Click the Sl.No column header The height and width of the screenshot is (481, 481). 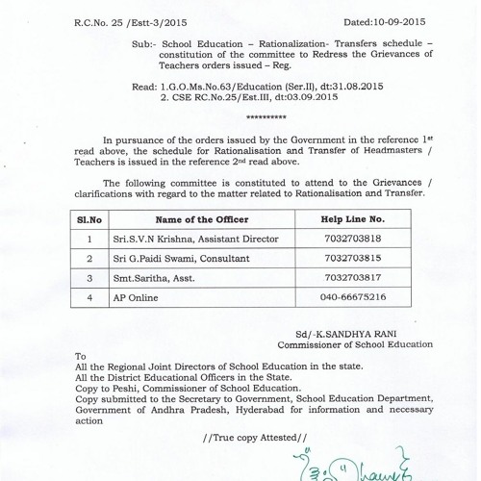click(x=89, y=220)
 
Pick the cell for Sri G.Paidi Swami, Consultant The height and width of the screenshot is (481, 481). click(x=179, y=259)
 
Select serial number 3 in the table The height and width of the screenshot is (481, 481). click(x=89, y=279)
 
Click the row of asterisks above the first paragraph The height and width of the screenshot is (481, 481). click(x=266, y=117)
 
